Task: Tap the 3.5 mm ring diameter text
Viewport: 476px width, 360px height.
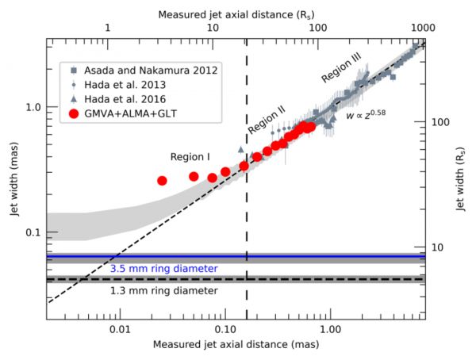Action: (x=164, y=269)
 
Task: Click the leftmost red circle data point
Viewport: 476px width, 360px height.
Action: (x=162, y=181)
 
